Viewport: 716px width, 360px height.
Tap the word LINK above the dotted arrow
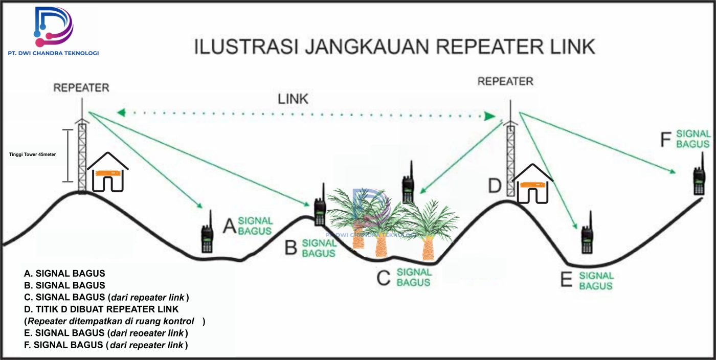[x=293, y=99]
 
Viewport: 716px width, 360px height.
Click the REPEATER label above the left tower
[x=81, y=87]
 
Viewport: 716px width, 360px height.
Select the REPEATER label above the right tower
[x=505, y=81]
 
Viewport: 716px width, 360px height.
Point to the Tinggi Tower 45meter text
[x=33, y=154]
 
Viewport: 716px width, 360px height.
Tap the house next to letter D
[x=532, y=185]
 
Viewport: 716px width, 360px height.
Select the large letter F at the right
[x=665, y=140]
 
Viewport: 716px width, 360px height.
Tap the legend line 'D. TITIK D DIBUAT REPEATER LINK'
[x=101, y=309]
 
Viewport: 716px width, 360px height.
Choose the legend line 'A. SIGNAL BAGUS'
[x=64, y=273]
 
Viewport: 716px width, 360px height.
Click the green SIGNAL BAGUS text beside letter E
[x=596, y=281]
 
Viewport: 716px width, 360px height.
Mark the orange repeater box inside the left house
[x=107, y=172]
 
